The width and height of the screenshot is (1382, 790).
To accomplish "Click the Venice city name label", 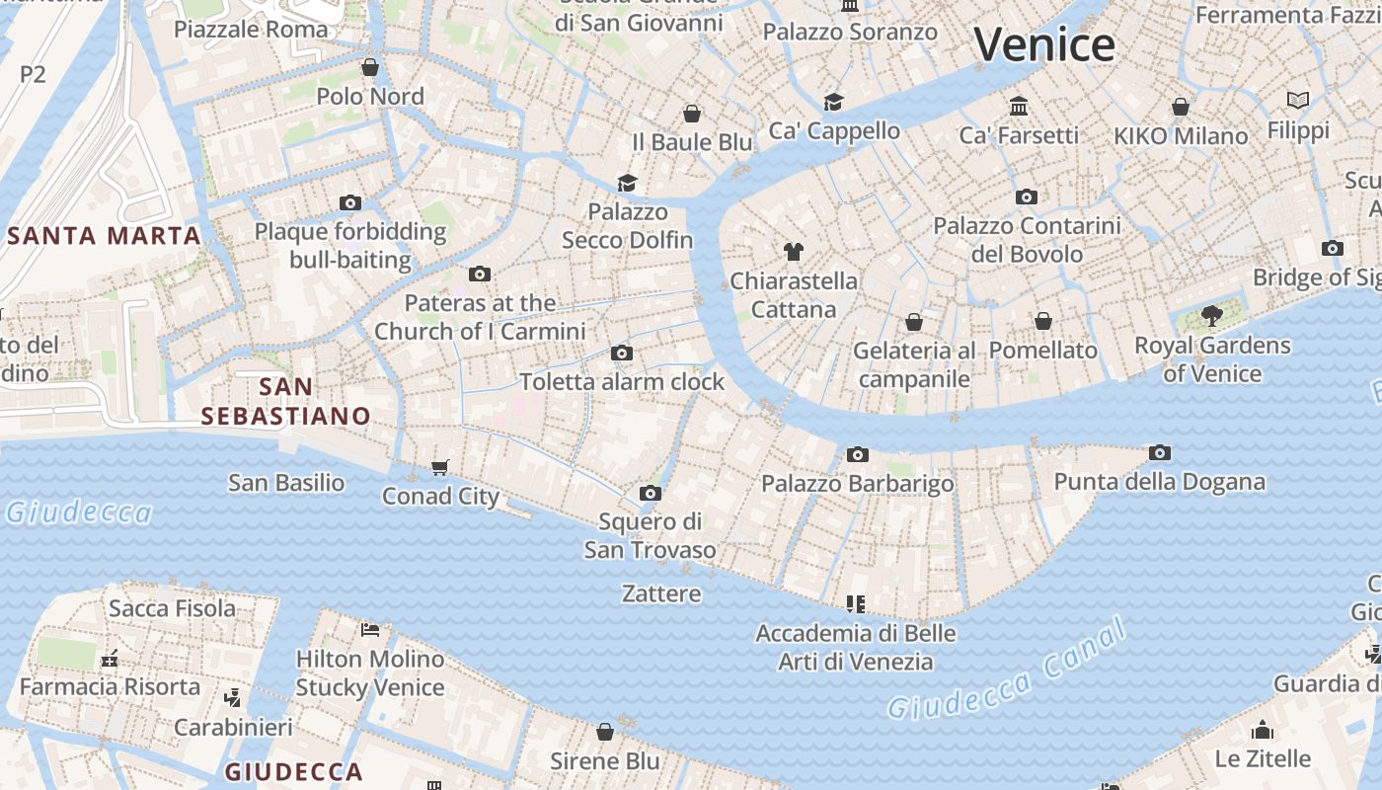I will (x=1044, y=45).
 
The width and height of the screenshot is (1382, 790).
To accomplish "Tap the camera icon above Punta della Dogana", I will (x=1160, y=453).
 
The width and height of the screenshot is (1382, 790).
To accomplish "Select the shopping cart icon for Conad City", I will (x=440, y=467).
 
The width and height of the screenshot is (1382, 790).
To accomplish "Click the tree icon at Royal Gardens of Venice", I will (x=1212, y=316).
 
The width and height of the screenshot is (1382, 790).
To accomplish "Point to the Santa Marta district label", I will (x=105, y=236).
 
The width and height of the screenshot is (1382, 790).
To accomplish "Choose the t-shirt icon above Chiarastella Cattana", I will (x=794, y=251).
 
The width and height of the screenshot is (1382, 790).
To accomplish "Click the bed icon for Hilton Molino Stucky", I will (x=370, y=629).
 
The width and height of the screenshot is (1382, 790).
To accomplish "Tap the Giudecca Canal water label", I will (x=1006, y=671).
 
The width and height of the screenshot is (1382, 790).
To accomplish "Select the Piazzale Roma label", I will (x=251, y=29).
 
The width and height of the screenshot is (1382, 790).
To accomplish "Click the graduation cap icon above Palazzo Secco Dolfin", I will (x=627, y=183).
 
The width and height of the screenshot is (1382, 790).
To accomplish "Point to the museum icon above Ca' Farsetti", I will (x=1019, y=106).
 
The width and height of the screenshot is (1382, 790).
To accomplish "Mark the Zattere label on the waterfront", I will (x=661, y=593).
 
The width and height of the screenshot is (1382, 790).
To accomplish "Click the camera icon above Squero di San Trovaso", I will (x=650, y=493).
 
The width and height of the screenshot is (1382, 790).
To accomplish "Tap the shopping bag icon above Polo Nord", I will (x=370, y=67).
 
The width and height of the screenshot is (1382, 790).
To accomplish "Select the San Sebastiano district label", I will (x=285, y=401).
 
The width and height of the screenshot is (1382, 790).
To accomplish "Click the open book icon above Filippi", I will (x=1298, y=101).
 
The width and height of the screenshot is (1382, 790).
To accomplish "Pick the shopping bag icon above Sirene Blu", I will (x=605, y=732).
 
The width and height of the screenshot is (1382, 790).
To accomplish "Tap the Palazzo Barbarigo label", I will (x=857, y=484).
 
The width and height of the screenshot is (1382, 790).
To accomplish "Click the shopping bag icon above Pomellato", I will (x=1043, y=321).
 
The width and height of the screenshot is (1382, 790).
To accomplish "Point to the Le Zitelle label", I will (x=1263, y=758).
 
